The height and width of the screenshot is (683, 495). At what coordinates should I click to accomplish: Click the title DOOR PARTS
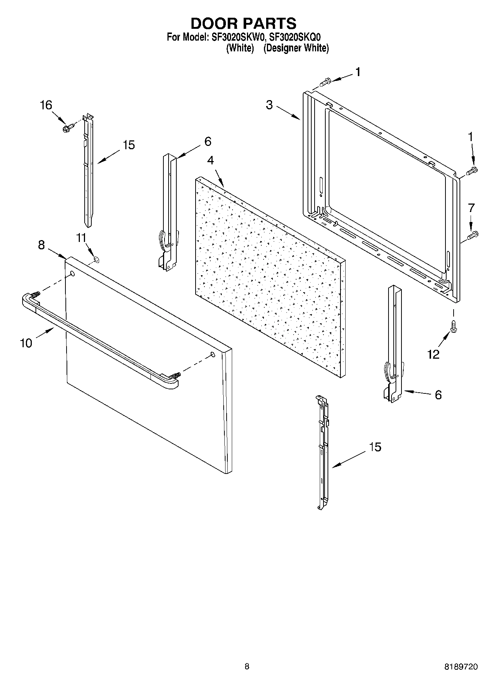coord(243,23)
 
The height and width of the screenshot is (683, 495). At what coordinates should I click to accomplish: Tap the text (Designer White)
coord(296,48)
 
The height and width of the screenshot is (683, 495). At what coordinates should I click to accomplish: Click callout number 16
coord(46,105)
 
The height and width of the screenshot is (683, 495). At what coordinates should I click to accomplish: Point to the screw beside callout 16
coord(68,128)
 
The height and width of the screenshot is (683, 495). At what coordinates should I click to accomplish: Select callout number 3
coord(269,105)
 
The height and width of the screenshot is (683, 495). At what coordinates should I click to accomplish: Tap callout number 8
coord(41,245)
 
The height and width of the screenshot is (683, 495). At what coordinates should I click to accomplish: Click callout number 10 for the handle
coord(26,343)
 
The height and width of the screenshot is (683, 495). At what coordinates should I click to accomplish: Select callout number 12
coord(433,355)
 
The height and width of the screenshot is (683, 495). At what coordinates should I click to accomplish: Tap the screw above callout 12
coord(452,326)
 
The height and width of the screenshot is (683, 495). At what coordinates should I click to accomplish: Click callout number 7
coord(471,208)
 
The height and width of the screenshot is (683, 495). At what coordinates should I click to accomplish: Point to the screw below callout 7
coord(473,235)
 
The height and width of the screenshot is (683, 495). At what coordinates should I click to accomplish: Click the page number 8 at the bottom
coord(247,667)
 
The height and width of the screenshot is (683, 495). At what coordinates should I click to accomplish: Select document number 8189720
coord(461,667)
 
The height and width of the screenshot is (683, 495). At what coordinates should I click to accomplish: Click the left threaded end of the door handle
coord(35,295)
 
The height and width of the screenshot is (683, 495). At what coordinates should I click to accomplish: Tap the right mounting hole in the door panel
coord(213,355)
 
